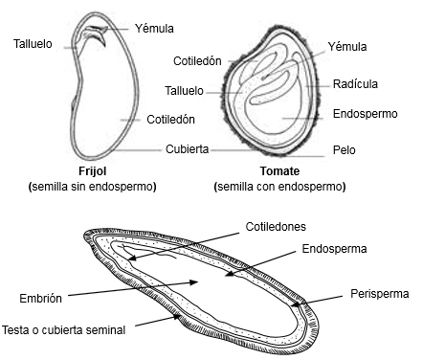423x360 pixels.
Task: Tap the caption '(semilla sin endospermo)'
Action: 93,186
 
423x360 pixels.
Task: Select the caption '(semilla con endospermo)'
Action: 280,186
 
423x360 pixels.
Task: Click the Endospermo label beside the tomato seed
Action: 366,113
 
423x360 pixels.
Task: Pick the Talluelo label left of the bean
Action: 34,43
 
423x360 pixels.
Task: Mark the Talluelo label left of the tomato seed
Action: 184,91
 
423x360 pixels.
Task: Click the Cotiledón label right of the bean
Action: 171,119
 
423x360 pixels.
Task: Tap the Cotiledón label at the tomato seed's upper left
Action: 197,60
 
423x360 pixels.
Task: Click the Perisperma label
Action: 380,293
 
